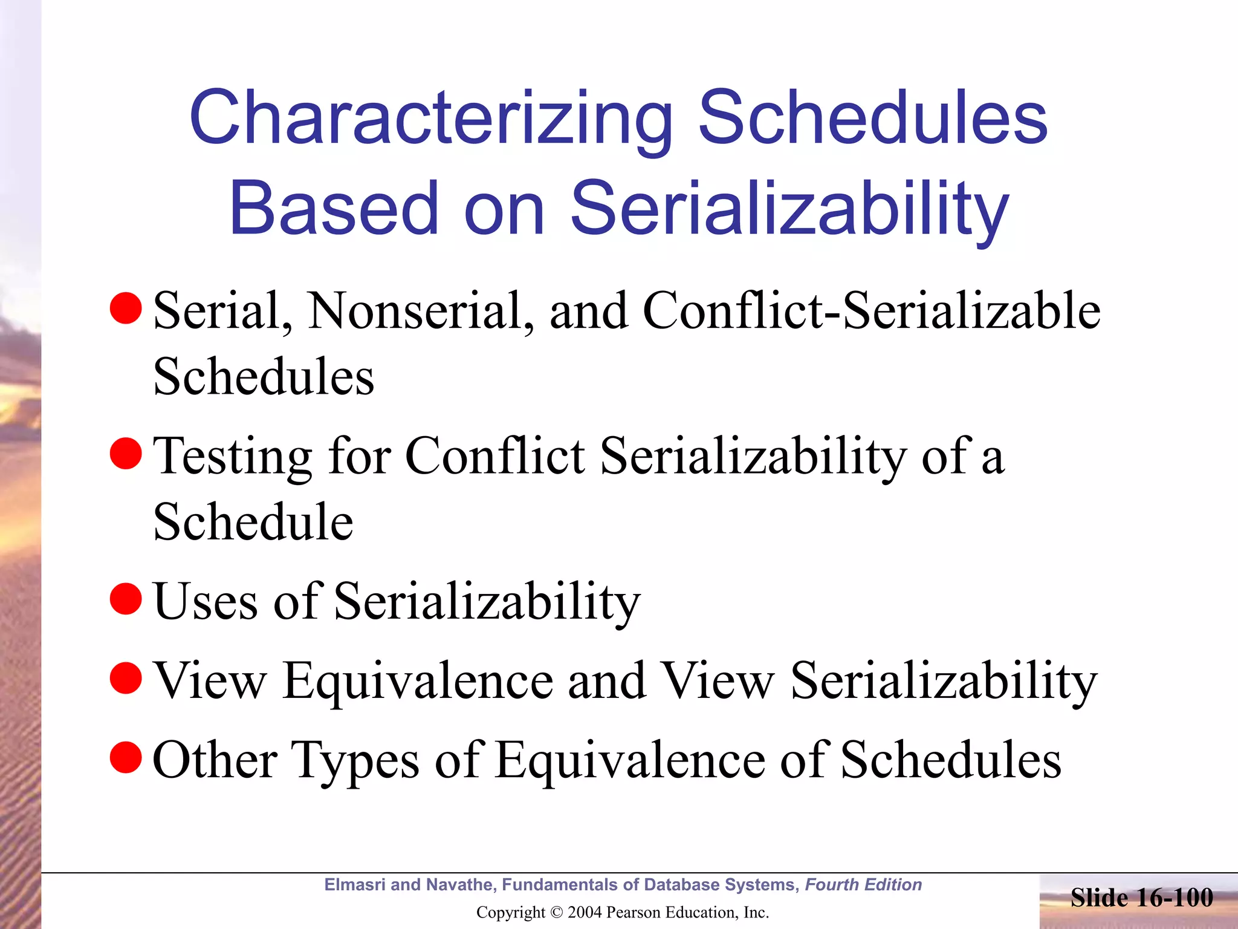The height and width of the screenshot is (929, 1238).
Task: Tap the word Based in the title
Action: point(333,209)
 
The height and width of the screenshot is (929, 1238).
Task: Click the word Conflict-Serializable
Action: point(871,310)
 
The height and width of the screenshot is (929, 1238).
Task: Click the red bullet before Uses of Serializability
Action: point(126,599)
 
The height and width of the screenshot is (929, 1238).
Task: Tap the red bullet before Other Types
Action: point(126,758)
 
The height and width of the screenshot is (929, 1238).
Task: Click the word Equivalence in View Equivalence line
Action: point(418,680)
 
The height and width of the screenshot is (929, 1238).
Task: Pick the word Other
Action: point(215,760)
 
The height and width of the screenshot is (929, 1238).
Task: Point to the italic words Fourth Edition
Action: point(863,885)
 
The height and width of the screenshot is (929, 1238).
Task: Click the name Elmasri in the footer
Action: point(355,885)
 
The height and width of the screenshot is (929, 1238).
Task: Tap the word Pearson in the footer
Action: point(634,912)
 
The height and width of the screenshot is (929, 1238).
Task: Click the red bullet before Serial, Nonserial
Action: point(126,308)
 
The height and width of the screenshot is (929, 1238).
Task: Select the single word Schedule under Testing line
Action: point(253,521)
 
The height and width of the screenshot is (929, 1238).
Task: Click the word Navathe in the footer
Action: point(459,885)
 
